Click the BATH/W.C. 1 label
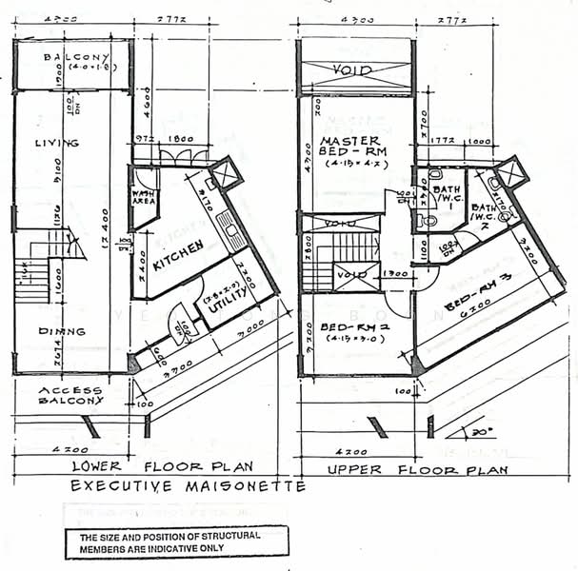coord(446,195)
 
